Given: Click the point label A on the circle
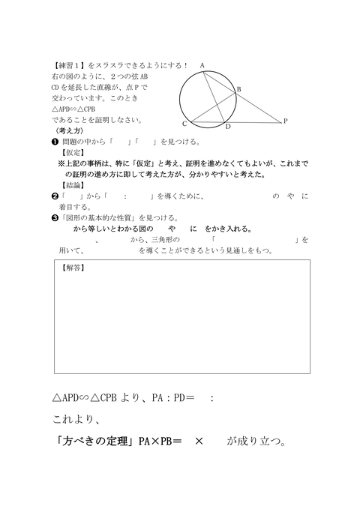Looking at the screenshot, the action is click(x=202, y=66).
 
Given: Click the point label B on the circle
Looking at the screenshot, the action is click(x=239, y=90).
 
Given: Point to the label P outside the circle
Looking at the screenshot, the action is click(x=285, y=121).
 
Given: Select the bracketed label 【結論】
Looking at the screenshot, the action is click(x=74, y=185).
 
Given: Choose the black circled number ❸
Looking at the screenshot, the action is click(x=55, y=217).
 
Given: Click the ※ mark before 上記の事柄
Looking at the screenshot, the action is click(x=61, y=163).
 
